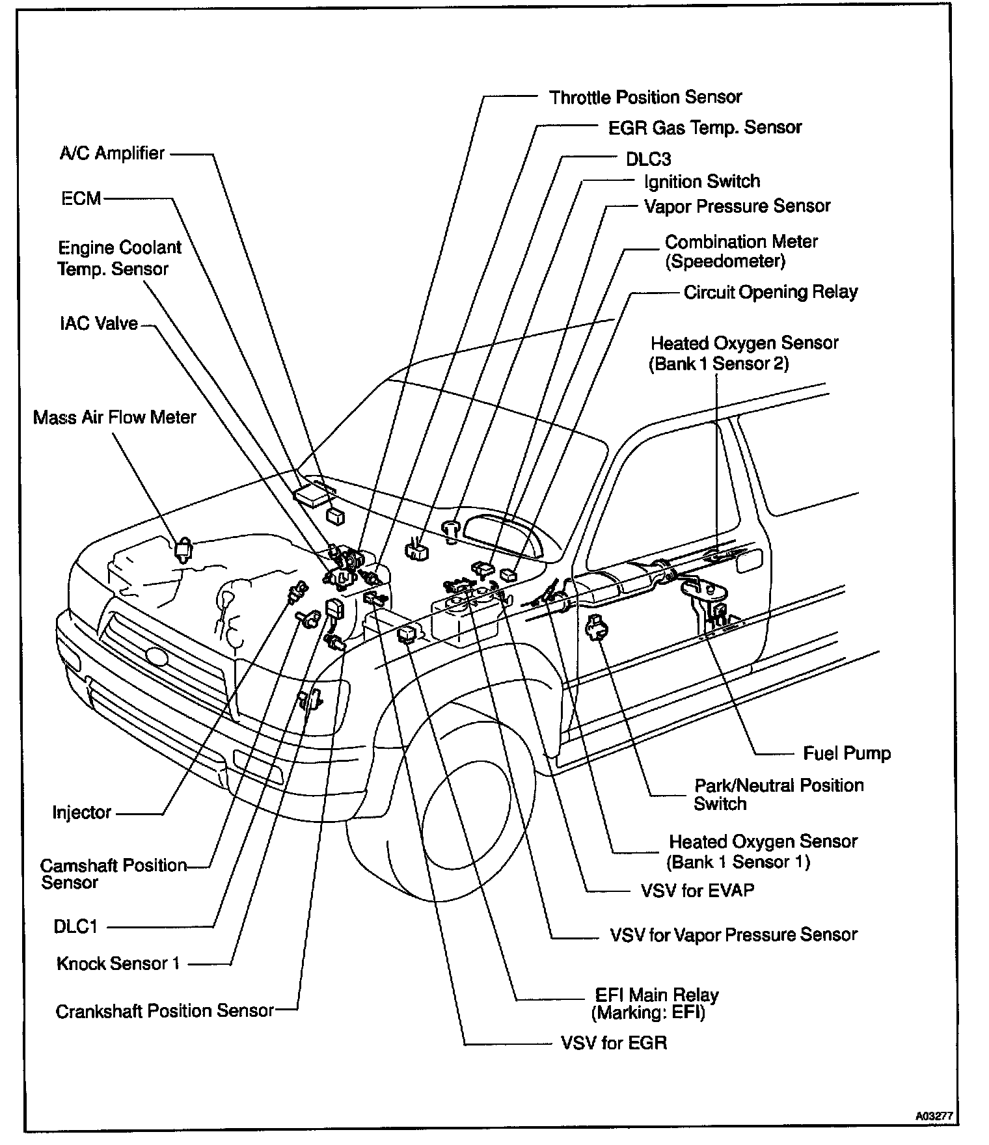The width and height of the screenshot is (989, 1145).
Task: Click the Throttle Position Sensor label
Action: [x=645, y=98]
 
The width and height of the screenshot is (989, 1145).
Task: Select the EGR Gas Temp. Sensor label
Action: [x=704, y=128]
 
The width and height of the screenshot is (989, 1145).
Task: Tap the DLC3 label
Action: [x=648, y=159]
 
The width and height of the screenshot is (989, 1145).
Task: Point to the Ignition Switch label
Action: [x=701, y=182]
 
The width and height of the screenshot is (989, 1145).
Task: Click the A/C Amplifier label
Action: [x=112, y=154]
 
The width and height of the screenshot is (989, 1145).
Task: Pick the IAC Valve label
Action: [x=98, y=323]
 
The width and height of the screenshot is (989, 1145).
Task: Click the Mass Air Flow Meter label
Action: [x=115, y=417]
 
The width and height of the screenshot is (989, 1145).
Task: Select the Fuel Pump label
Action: [x=847, y=753]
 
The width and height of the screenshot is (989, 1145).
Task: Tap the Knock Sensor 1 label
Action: [x=118, y=963]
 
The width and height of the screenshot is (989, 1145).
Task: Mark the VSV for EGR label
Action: [x=614, y=1044]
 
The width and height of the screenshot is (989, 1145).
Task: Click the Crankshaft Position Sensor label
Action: [x=165, y=1011]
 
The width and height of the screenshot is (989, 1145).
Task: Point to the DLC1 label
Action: [x=75, y=926]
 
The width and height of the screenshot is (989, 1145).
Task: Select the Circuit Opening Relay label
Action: [x=770, y=292]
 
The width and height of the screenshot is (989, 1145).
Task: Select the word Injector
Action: [x=82, y=813]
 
